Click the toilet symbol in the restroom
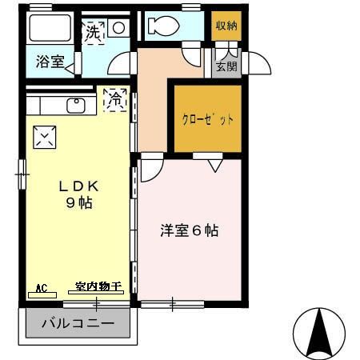point(166,25)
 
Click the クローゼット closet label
point(208,120)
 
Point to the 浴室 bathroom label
point(50,62)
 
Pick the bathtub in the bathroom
point(53,28)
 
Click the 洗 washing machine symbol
point(94,32)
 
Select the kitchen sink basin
point(77,105)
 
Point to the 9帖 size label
point(80,203)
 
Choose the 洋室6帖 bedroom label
point(190,231)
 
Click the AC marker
point(42,286)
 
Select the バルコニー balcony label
point(78,325)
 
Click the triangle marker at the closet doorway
point(214,166)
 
